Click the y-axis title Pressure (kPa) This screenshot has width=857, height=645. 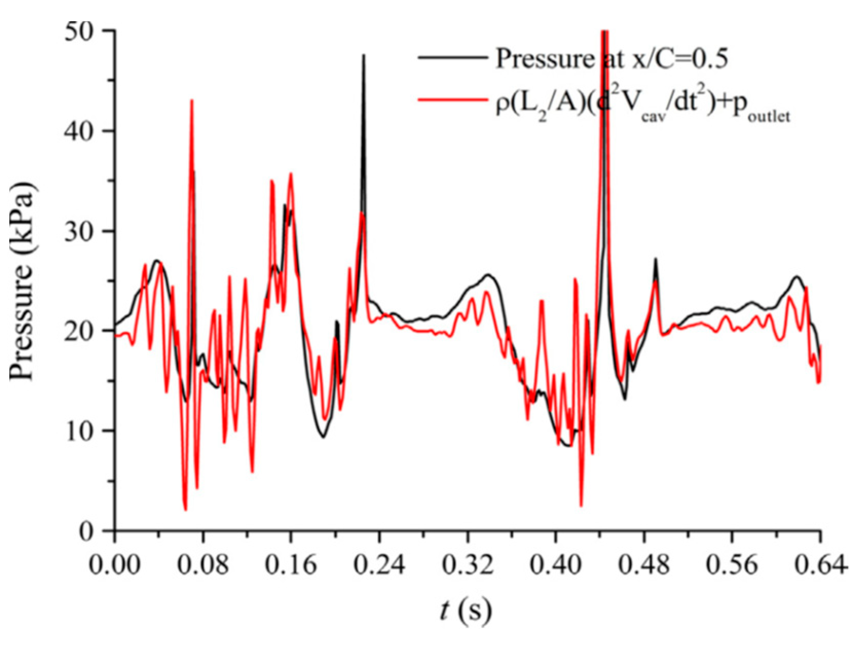click(x=23, y=280)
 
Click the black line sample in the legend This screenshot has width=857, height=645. click(x=453, y=58)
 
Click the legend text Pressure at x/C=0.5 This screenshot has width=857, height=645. click(x=611, y=59)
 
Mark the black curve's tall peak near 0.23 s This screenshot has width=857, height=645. click(x=364, y=55)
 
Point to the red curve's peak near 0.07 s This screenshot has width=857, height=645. click(x=192, y=101)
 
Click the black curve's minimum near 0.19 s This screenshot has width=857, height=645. click(x=323, y=437)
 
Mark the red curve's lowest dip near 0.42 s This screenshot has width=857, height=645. click(x=581, y=506)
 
